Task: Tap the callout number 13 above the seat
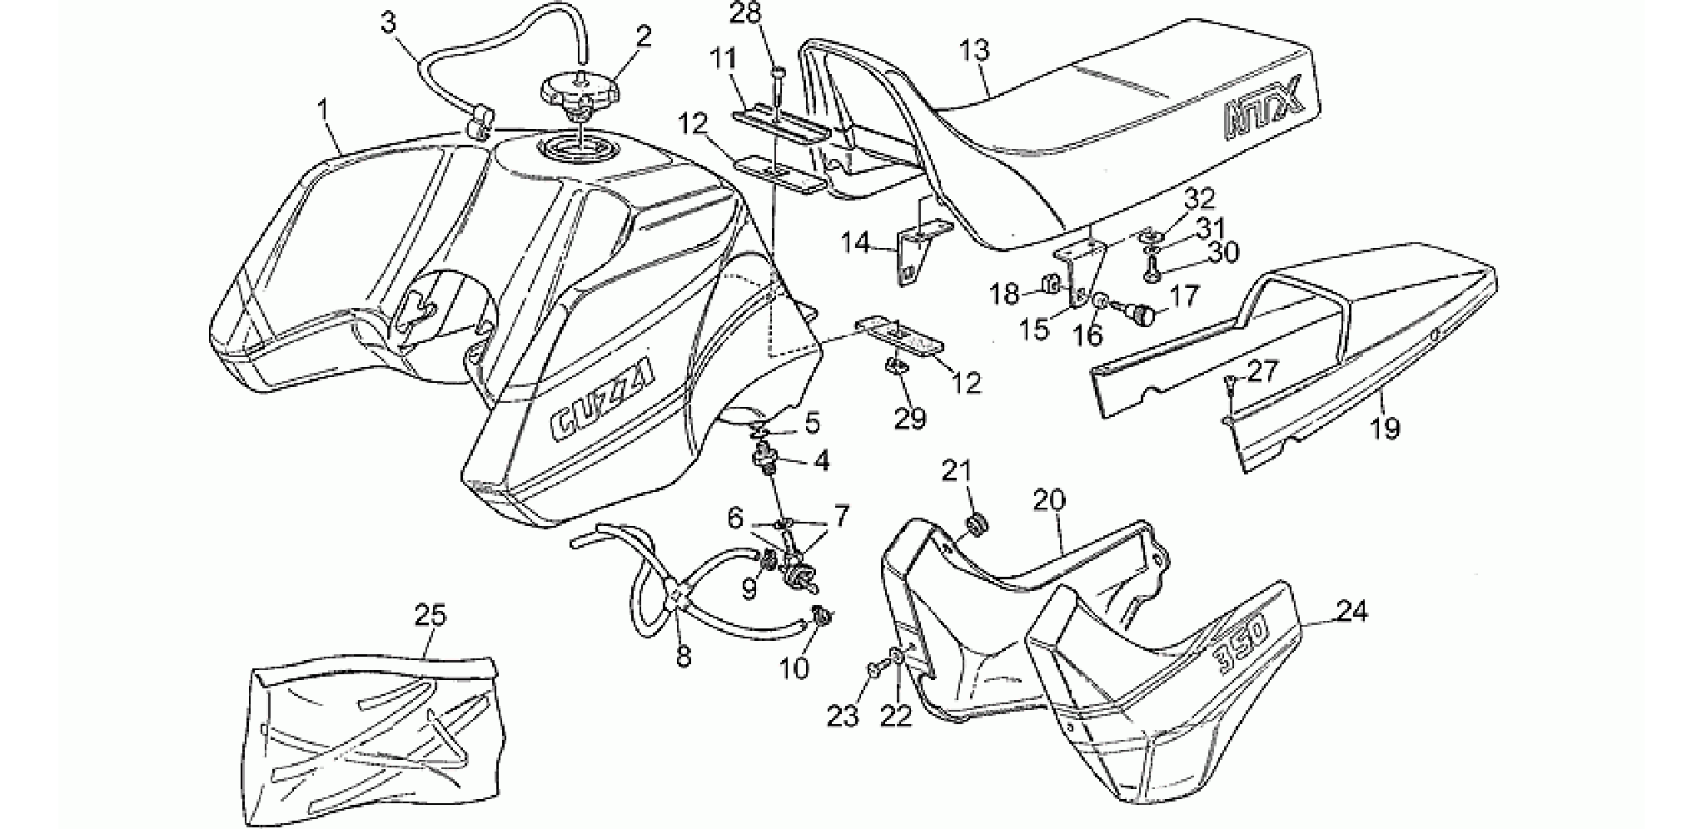pos(975,51)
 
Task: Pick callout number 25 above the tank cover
pos(430,615)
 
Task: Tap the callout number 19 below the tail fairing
pos(1386,428)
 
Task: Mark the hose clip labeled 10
pos(820,616)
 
